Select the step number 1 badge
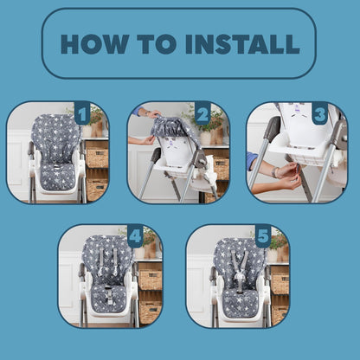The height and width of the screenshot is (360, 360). [81, 113]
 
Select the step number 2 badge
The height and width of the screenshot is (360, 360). [202, 113]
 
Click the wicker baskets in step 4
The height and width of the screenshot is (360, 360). [149, 281]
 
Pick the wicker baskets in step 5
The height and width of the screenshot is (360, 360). [279, 281]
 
